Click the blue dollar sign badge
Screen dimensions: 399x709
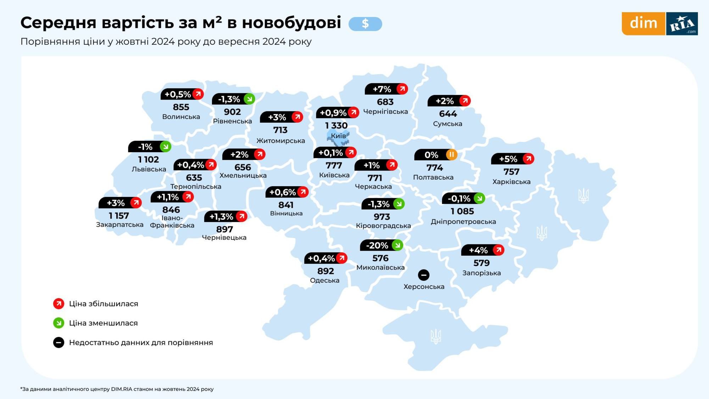[365, 24]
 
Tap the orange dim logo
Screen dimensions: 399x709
[643, 23]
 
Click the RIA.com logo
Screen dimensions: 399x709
[682, 24]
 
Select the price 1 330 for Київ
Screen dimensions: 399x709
[336, 126]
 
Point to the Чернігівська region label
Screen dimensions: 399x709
[385, 112]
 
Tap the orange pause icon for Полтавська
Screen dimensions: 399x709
[451, 155]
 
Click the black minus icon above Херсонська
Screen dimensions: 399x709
[424, 275]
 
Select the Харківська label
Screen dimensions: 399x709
[511, 182]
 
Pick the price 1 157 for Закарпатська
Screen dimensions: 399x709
[119, 216]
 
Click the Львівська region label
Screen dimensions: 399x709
[149, 169]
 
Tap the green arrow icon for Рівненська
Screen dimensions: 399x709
[249, 99]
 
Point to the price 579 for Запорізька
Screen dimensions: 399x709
[481, 263]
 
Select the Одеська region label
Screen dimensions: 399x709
[324, 281]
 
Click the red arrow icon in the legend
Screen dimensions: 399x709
[58, 304]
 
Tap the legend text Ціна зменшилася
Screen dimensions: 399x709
[103, 323]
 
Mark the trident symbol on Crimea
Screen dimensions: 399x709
[436, 336]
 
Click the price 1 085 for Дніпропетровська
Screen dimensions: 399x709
[462, 211]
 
